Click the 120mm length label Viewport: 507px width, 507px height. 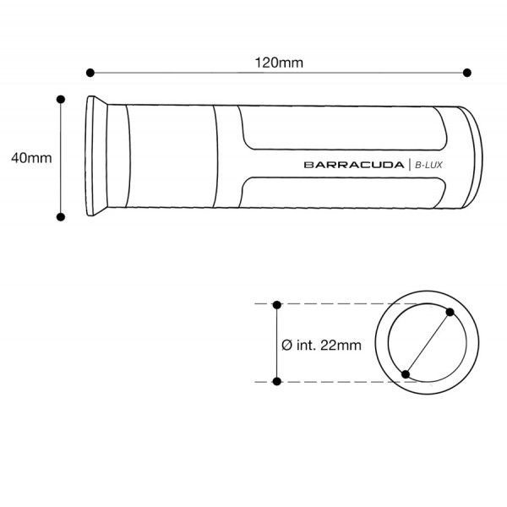click(279, 63)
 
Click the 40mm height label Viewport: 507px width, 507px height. click(31, 158)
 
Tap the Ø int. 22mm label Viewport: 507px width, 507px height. click(321, 346)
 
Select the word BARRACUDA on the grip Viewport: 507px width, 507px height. click(354, 165)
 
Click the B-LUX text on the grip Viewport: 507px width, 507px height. click(428, 165)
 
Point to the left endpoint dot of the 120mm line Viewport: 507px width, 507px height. click(90, 73)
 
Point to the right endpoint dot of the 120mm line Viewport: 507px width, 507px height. click(467, 73)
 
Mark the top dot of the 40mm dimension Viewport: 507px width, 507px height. click(61, 99)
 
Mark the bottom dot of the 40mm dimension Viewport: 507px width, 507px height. click(61, 217)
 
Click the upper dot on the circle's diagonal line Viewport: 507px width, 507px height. click(450, 312)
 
